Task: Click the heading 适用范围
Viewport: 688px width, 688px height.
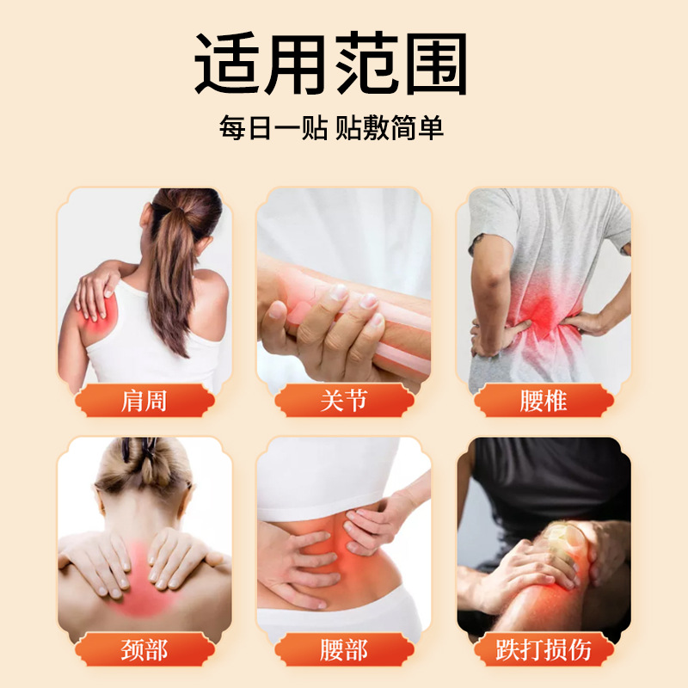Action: click(x=331, y=64)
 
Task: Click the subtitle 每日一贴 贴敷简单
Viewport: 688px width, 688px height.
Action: click(x=331, y=129)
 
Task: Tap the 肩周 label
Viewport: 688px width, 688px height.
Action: click(x=144, y=400)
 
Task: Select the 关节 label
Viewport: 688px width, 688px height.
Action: click(x=343, y=400)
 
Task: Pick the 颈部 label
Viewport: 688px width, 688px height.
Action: click(x=144, y=649)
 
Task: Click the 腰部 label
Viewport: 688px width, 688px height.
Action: click(x=343, y=649)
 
